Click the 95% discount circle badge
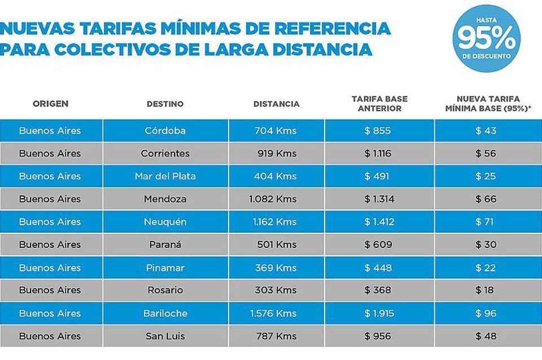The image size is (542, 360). click(x=486, y=38)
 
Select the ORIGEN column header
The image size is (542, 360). click(x=50, y=104)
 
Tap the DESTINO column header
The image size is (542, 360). click(x=165, y=104)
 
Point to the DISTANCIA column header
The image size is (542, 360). click(x=276, y=104)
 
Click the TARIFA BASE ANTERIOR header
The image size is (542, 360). click(x=379, y=104)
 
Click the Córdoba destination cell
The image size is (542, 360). click(x=165, y=130)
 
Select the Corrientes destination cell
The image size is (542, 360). click(x=165, y=153)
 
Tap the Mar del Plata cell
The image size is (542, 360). click(x=165, y=176)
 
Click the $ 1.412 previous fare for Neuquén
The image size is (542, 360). click(x=378, y=222)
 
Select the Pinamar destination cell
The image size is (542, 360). click(x=165, y=267)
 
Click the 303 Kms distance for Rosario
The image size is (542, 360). click(x=276, y=290)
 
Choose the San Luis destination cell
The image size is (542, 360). click(x=165, y=336)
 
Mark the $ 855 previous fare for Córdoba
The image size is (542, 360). click(x=378, y=130)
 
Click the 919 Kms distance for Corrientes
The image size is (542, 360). click(x=276, y=153)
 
